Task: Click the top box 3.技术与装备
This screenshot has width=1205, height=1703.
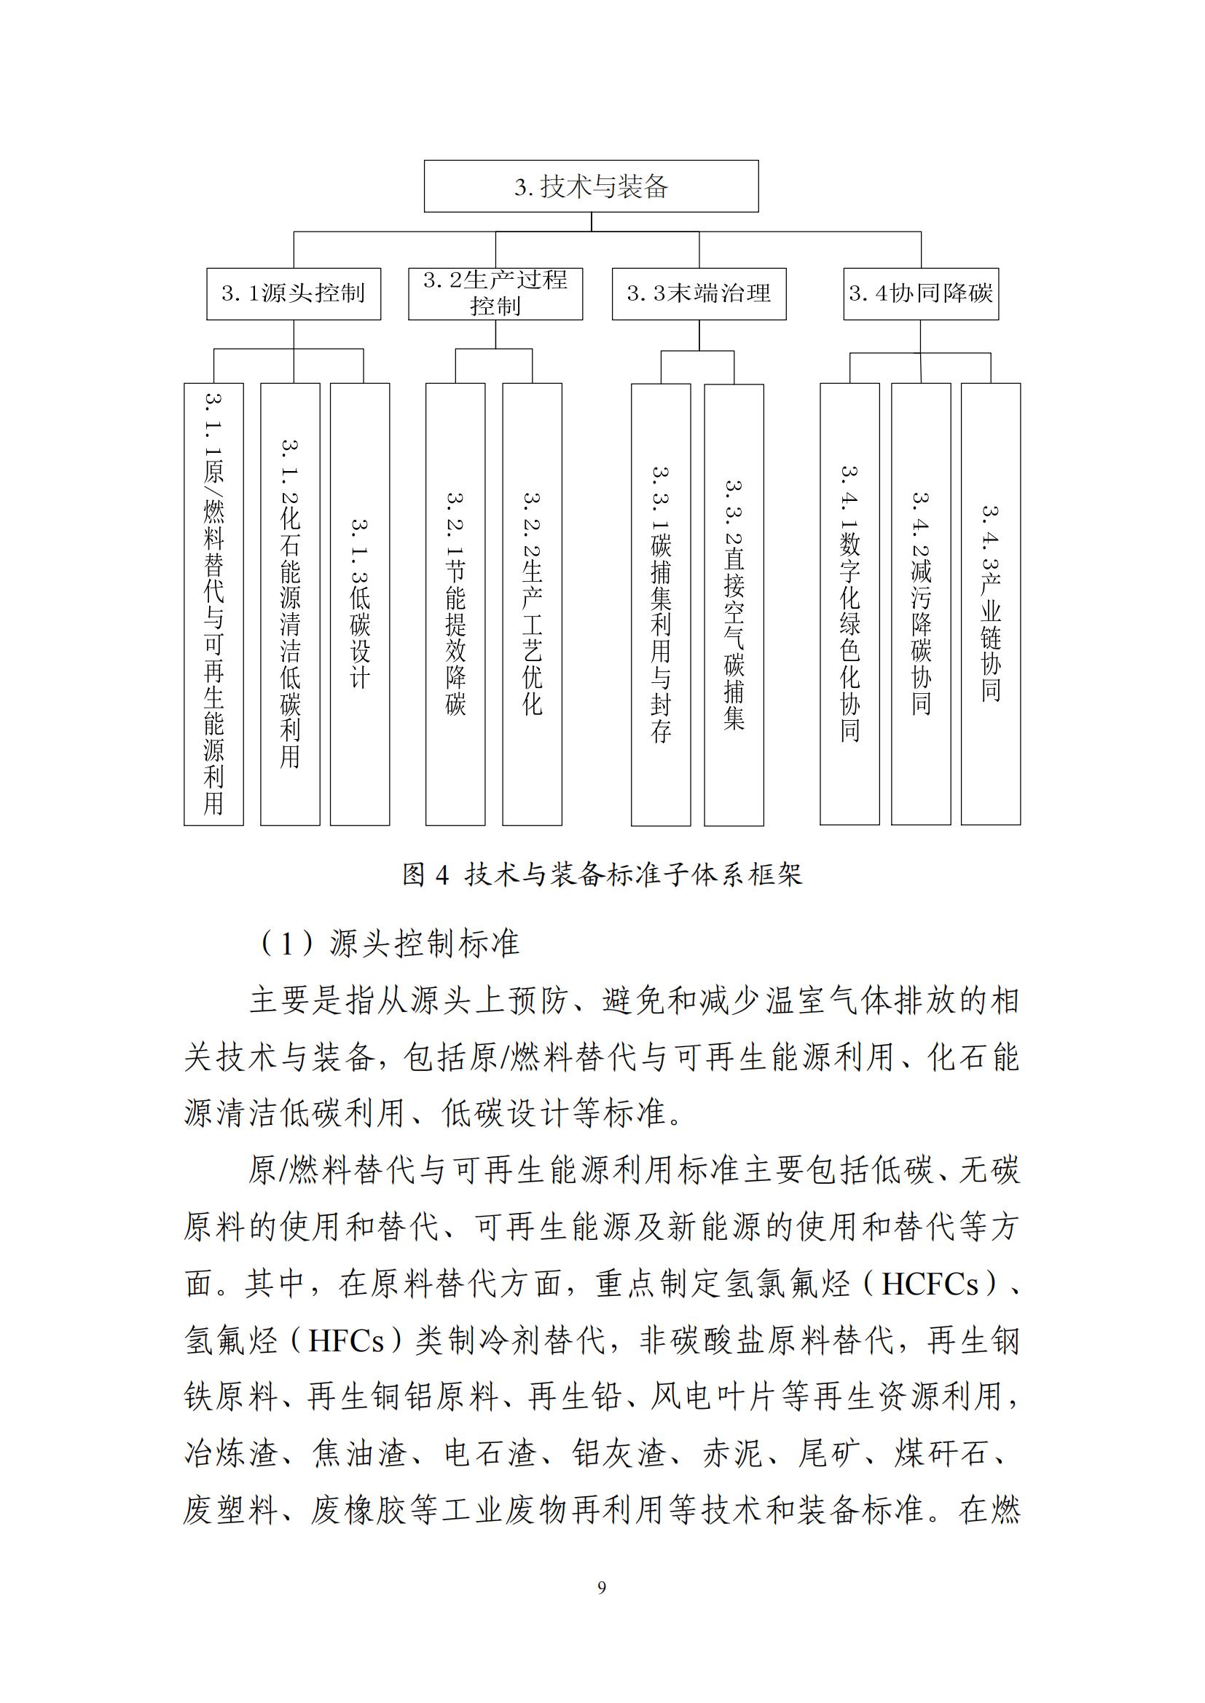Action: click(x=591, y=186)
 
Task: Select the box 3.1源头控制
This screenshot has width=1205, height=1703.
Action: click(x=293, y=293)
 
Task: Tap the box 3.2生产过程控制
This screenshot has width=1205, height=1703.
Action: click(x=495, y=293)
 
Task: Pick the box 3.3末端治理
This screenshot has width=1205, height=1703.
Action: click(x=698, y=293)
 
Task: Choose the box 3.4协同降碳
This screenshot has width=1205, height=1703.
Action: click(x=920, y=293)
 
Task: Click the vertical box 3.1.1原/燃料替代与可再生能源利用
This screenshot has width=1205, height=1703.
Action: click(x=213, y=604)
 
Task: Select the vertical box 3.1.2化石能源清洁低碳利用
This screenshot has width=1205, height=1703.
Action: click(x=290, y=604)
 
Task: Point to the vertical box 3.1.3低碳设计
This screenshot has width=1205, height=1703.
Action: click(x=360, y=604)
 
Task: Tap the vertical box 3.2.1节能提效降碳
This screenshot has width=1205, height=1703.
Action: click(x=455, y=604)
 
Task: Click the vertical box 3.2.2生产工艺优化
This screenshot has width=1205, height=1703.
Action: click(x=532, y=604)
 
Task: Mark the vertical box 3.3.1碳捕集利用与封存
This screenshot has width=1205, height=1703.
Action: click(x=660, y=604)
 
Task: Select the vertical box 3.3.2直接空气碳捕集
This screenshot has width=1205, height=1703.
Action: click(x=733, y=604)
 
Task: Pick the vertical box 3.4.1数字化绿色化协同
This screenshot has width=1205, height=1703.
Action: click(x=849, y=604)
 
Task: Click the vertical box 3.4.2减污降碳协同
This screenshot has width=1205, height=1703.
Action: click(x=920, y=604)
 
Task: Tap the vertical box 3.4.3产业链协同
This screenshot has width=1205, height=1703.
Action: click(x=991, y=604)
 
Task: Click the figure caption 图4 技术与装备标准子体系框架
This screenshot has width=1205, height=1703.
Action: click(x=602, y=875)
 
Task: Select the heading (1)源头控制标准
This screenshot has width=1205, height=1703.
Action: click(x=389, y=944)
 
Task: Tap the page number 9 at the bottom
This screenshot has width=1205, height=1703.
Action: click(x=601, y=1587)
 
